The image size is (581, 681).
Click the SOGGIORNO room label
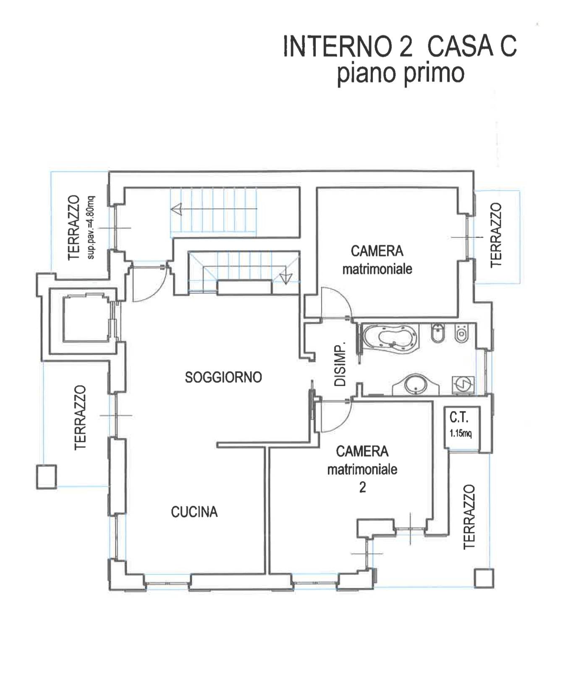click(223, 377)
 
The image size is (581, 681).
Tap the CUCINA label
click(194, 512)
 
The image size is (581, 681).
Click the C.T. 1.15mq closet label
click(460, 424)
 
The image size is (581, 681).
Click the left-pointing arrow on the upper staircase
click(177, 209)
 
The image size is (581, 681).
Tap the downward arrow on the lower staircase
click(286, 277)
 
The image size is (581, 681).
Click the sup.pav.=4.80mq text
click(91, 227)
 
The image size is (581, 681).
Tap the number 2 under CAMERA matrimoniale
click(362, 487)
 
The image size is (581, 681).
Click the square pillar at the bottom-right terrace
click(484, 578)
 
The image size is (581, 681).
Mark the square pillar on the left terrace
click(46, 476)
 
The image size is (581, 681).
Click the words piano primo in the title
click(400, 73)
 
